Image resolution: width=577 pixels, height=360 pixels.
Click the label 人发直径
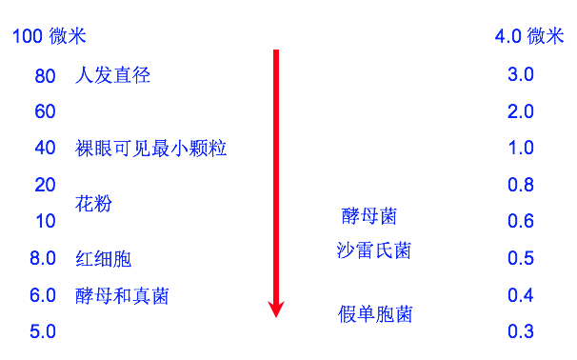pos(112,76)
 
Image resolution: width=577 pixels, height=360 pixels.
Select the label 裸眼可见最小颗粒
pos(150,149)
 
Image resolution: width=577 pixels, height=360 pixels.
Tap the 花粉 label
pos(93,204)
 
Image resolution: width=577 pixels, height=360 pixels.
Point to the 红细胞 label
pos(103,258)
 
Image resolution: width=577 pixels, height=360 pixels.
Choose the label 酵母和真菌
pos(122,295)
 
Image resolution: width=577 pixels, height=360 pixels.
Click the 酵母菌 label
pos(368,216)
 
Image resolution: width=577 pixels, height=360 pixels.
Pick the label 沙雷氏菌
pos(374,250)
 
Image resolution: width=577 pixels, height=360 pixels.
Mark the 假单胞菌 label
pos(376,314)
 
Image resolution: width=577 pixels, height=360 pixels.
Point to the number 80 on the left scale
pos(45,77)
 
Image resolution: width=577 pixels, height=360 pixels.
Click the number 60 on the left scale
pos(45,112)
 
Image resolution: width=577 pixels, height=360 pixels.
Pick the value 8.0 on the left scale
pos(43,258)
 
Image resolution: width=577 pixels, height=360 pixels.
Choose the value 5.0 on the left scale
pos(43,331)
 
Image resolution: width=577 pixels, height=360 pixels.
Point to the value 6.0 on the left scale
pos(43,295)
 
